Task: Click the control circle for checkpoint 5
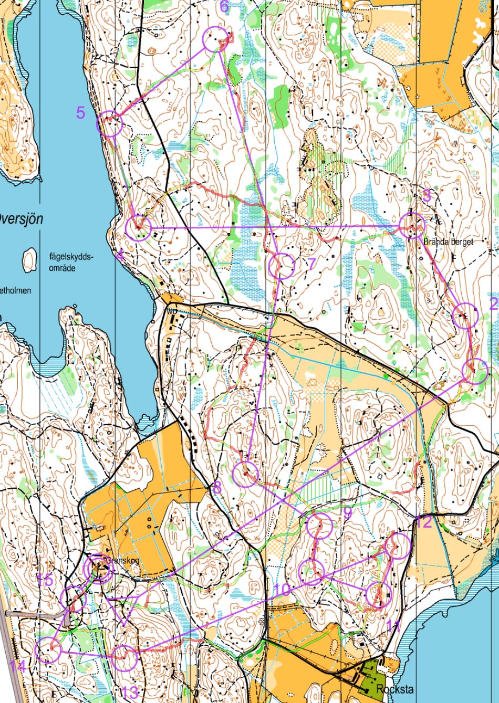[x=109, y=124]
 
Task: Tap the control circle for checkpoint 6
[x=215, y=39]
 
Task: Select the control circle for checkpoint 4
[x=139, y=228]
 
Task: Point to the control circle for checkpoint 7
[x=281, y=265]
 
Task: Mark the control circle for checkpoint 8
[x=245, y=474]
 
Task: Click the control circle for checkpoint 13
[x=124, y=657]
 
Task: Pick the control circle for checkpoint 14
[x=48, y=650]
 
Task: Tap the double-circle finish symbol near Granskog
[x=99, y=568]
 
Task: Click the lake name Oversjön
[x=21, y=218]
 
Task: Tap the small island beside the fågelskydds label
[x=29, y=260]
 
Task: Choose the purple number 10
[x=282, y=590]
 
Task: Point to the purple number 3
[x=427, y=197]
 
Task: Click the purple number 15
[x=45, y=580]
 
